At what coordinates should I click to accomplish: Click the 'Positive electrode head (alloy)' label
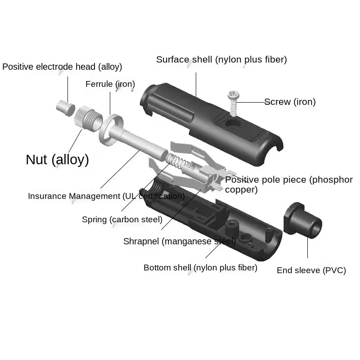(62, 67)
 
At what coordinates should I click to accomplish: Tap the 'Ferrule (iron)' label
(110, 84)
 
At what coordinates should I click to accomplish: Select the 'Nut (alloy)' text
(57, 160)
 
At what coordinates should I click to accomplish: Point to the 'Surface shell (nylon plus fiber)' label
(221, 59)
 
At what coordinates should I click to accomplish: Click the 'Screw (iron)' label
(290, 102)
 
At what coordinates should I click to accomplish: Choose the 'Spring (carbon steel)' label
(122, 220)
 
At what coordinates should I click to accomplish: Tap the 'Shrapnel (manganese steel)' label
(180, 241)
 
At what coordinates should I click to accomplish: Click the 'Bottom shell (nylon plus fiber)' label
(200, 268)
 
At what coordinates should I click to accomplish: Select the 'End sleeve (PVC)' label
(311, 270)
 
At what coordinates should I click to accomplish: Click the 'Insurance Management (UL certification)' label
(106, 196)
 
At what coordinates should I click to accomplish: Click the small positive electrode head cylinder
(66, 108)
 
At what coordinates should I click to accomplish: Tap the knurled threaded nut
(88, 118)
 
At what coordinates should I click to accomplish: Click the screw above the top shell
(233, 103)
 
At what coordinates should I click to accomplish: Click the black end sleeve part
(302, 220)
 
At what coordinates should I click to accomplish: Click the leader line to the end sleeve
(308, 247)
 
